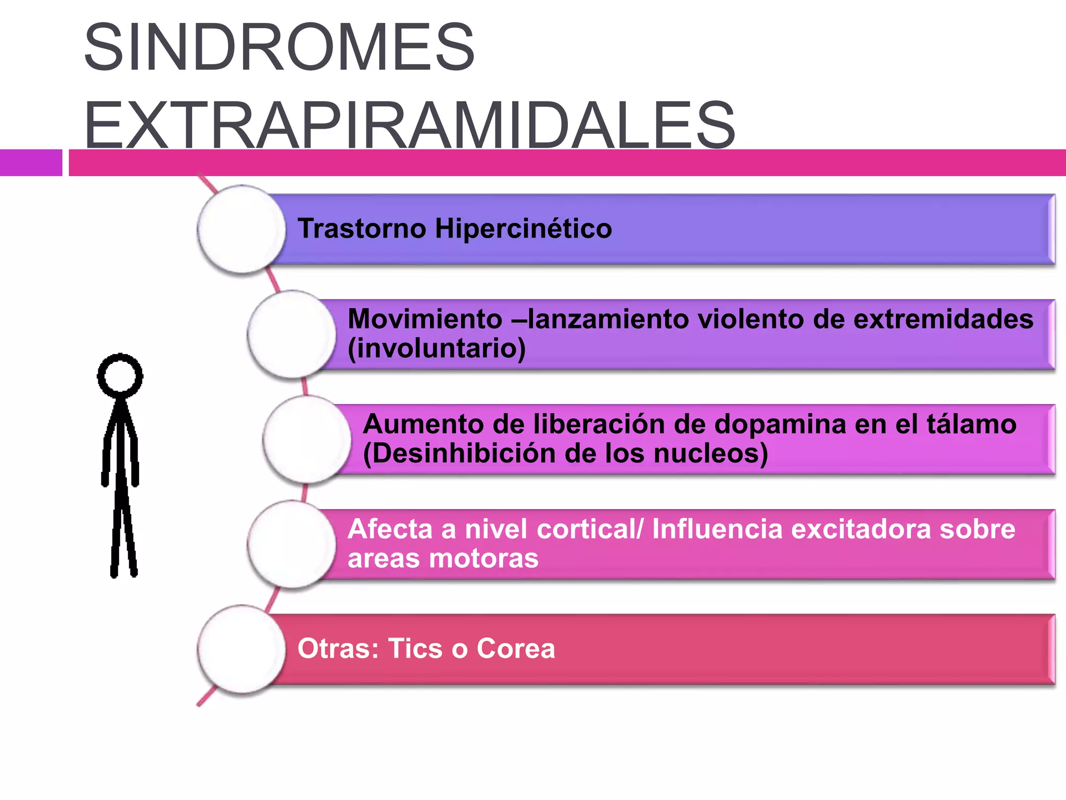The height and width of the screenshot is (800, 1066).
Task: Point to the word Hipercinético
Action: pyautogui.click(x=524, y=229)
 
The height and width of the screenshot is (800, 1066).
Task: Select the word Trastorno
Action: pyautogui.click(x=362, y=229)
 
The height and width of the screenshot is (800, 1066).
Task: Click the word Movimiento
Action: pyautogui.click(x=425, y=319)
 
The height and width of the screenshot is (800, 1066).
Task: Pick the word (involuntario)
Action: pyautogui.click(x=437, y=348)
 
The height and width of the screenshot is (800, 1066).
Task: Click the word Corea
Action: pyautogui.click(x=516, y=648)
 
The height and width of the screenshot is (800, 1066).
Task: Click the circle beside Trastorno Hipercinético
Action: pyautogui.click(x=242, y=229)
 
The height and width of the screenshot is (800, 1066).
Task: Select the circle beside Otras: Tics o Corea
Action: pyautogui.click(x=242, y=649)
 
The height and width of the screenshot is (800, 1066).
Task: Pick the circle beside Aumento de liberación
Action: pyautogui.click(x=307, y=439)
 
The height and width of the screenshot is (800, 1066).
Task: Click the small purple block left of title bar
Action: pyautogui.click(x=31, y=162)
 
